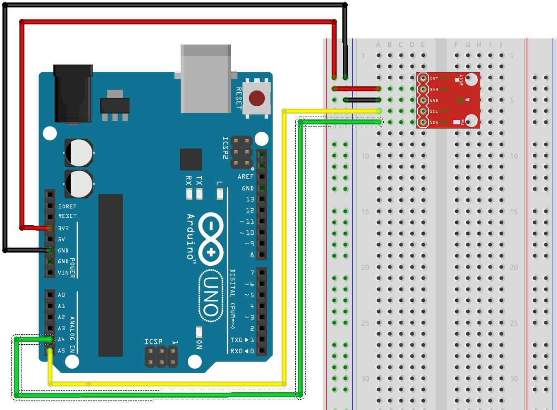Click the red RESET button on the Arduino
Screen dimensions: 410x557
coord(257,98)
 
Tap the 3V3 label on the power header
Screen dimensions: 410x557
coord(63,228)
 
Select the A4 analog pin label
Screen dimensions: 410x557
coord(61,339)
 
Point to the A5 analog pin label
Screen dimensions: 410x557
coord(61,350)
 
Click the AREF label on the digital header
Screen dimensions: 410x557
coord(246,176)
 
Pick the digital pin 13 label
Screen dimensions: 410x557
coord(250,199)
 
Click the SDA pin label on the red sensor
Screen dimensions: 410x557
coord(434,122)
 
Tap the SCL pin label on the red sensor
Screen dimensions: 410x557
coord(434,112)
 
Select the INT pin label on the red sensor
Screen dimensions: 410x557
coord(434,79)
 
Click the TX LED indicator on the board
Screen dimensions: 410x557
coord(199,193)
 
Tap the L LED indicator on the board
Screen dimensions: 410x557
coord(220,193)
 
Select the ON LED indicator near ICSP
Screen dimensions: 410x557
coord(199,332)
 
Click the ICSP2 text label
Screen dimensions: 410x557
coord(225,148)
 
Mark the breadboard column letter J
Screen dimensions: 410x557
coord(501,45)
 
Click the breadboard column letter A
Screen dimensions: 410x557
coord(378,45)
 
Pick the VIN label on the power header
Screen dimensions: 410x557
coord(63,273)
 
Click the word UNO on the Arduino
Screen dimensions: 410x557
coord(211,296)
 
